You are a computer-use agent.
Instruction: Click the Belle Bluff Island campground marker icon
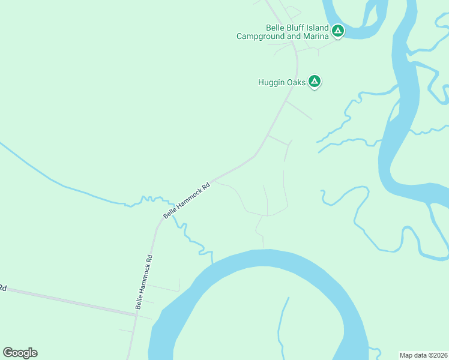(338, 29)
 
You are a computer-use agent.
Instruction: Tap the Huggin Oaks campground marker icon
(315, 82)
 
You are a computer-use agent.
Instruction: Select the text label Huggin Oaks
(282, 82)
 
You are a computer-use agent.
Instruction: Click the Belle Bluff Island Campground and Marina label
(283, 32)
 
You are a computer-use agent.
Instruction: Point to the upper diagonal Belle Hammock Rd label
(188, 200)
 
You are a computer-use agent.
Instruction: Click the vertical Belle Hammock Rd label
(144, 282)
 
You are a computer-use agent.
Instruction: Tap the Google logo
(20, 353)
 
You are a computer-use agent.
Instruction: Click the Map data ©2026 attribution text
(423, 355)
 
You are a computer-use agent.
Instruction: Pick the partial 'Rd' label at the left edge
(2, 289)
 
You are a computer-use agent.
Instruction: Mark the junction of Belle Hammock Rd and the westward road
(137, 314)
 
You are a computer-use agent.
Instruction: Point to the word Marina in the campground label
(316, 36)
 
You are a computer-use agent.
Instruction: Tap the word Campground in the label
(261, 36)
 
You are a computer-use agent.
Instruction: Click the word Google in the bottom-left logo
(20, 353)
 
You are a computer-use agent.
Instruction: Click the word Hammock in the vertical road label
(142, 287)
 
